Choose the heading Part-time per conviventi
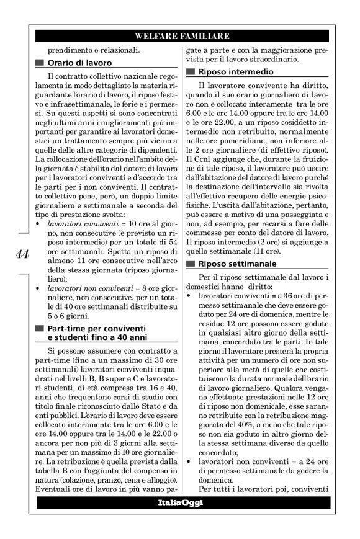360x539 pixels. tap(98, 327)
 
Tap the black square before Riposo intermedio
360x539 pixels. tap(191, 73)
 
